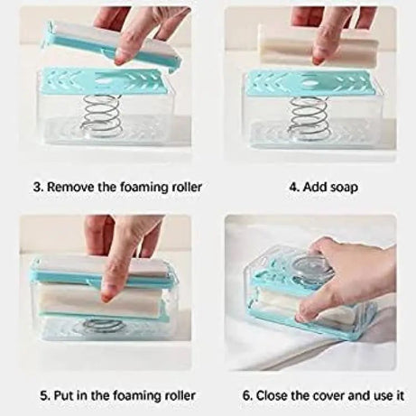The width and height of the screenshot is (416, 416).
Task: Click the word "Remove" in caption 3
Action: tap(71, 188)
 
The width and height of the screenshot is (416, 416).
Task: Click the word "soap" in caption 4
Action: tap(344, 188)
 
